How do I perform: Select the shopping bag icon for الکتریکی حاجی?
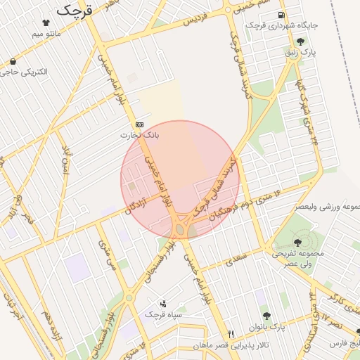13,61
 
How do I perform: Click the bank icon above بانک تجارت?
139,124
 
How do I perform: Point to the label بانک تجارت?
139,134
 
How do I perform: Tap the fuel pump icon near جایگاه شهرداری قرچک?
281,15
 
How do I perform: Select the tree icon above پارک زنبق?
301,41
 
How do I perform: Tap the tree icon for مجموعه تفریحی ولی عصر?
297,243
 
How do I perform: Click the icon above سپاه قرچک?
164,304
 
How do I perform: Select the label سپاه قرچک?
163,314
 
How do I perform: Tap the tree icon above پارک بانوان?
266,316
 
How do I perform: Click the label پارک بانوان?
267,327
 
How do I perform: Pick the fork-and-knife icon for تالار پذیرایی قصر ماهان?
231,334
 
